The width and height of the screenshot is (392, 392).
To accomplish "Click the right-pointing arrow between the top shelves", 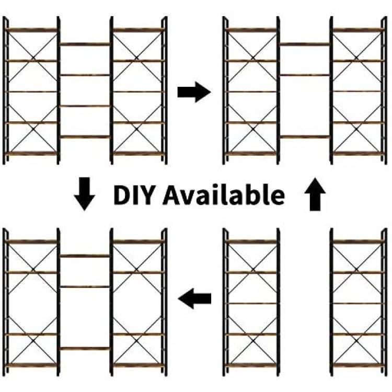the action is tap(194, 92).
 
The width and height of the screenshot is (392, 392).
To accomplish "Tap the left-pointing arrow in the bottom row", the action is tap(194, 298).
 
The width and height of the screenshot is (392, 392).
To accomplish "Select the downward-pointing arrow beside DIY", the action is tap(85, 194).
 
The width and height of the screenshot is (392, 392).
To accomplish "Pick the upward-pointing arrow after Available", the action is tap(315, 194).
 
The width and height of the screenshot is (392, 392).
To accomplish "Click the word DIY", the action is tap(133, 195).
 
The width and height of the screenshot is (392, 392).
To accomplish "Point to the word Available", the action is tap(224, 194).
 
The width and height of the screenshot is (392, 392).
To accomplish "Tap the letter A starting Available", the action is tap(172, 195).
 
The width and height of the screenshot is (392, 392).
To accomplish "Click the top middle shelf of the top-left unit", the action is tap(85, 44).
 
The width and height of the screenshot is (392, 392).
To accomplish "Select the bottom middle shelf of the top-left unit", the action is tap(85, 137).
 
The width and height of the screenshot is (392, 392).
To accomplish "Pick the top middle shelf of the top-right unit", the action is tap(305, 44).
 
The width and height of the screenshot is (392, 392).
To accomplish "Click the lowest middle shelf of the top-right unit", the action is tap(305, 137).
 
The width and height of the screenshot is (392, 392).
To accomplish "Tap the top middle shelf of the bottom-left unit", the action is tap(85, 256).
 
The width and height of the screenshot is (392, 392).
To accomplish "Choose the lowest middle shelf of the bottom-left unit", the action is tap(85, 349).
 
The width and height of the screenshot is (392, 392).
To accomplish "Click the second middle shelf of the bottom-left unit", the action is tap(85, 287).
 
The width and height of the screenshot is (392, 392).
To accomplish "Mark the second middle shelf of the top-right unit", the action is tap(305, 75).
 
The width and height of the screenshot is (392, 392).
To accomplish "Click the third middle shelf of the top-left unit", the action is tap(85, 106).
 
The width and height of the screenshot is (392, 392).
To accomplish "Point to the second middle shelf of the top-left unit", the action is tap(85, 75).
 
